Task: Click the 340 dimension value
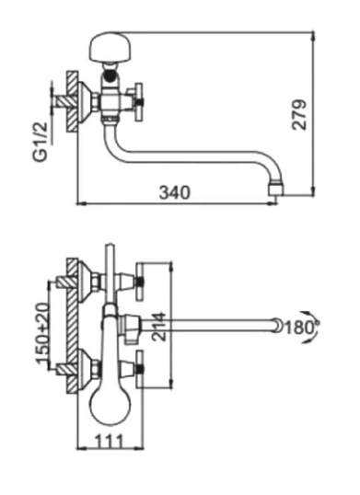tap(175, 192)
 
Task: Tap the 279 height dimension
tap(299, 115)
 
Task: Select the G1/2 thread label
tap(41, 142)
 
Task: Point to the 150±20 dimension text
tap(43, 333)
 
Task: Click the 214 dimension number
tap(159, 327)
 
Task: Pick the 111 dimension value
tap(109, 442)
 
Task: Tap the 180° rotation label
tap(302, 328)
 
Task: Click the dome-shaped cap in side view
tap(110, 47)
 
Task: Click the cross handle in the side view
tap(138, 102)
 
